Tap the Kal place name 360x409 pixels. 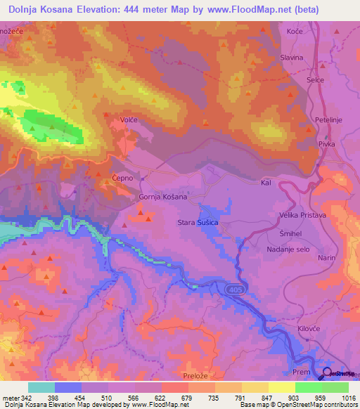click(x=266, y=182)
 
